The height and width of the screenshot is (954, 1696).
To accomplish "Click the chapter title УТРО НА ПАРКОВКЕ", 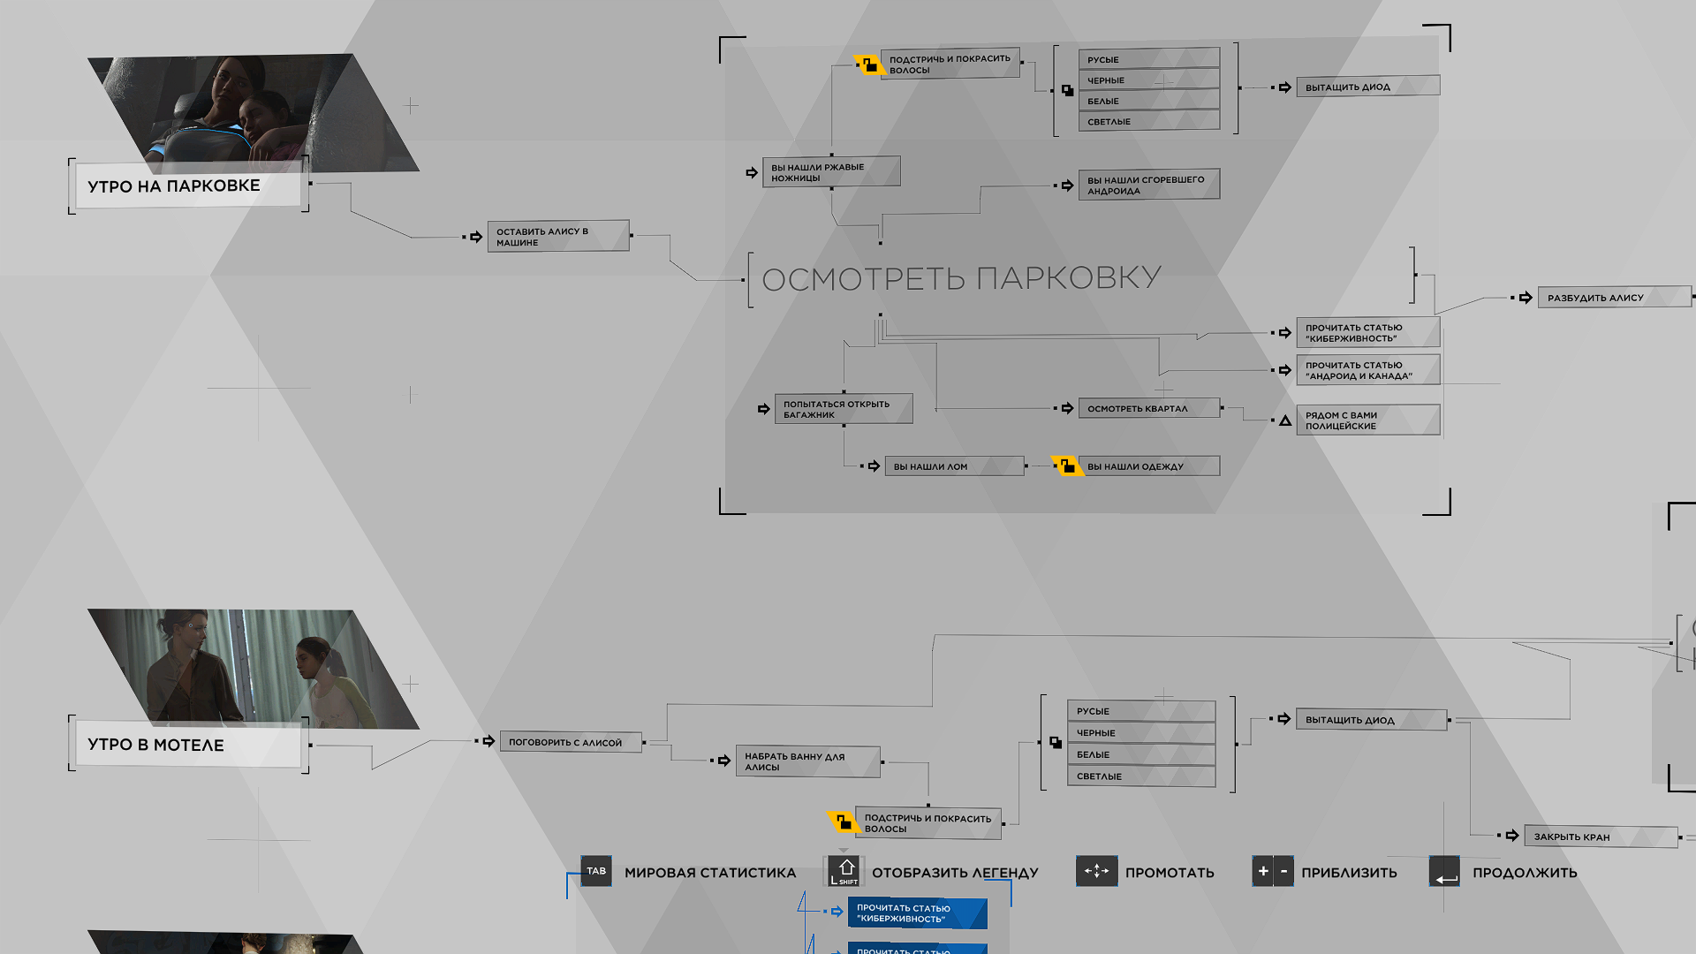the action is (174, 186).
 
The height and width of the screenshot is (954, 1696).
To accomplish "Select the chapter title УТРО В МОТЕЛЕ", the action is (155, 745).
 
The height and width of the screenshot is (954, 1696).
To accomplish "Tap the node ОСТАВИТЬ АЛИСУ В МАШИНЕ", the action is (558, 236).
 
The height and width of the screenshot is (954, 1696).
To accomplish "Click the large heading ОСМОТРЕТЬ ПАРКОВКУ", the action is (961, 278).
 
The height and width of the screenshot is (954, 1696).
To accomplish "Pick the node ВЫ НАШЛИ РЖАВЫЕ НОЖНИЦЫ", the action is (831, 171).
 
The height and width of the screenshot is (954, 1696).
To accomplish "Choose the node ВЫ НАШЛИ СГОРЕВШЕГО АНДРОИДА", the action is (1149, 185).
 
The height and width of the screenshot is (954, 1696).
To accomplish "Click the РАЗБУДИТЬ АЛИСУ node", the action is (1615, 298).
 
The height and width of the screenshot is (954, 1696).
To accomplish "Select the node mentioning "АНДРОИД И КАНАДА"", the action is (1368, 370).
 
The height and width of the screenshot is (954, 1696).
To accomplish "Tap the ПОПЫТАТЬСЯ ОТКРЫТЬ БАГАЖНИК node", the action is (844, 409).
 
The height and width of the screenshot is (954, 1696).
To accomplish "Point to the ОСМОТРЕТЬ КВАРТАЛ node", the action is (1149, 408).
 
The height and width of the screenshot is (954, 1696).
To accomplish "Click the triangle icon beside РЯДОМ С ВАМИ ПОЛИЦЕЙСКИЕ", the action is (1285, 420).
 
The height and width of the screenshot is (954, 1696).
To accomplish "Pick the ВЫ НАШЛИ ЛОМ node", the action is (955, 466).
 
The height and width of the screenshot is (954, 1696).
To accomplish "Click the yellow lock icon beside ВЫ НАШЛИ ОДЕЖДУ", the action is (1067, 466).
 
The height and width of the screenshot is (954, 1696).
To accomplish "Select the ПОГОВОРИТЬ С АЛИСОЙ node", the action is (571, 742).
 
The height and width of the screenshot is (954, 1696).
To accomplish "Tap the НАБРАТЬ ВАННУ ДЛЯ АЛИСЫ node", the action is (808, 761).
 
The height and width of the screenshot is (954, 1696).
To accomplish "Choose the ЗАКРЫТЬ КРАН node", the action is (1601, 837).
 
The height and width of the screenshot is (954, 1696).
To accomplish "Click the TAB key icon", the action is (596, 871).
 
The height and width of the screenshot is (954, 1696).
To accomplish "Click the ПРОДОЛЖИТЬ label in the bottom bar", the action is (1525, 873).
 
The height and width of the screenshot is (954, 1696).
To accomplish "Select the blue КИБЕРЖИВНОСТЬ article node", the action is (918, 913).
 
